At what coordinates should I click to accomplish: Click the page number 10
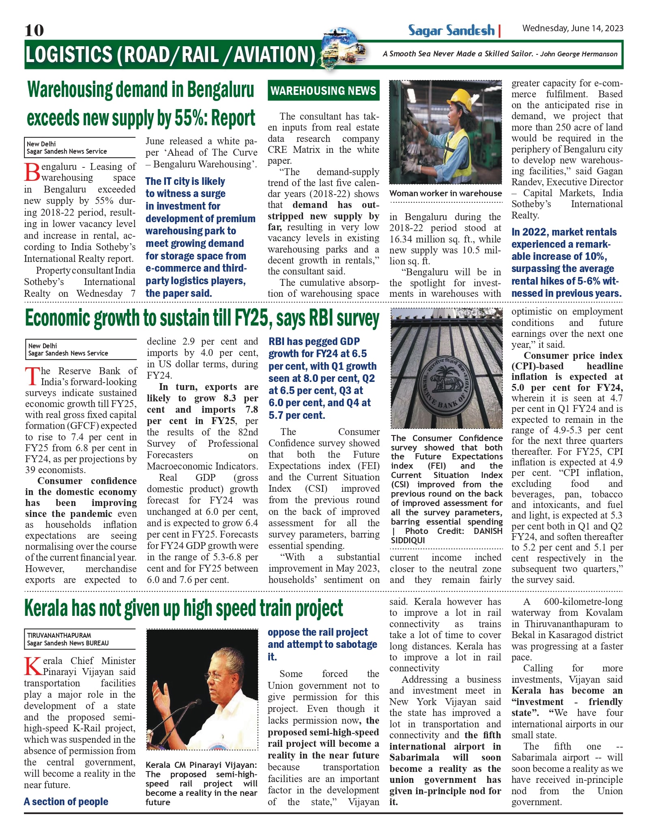34,30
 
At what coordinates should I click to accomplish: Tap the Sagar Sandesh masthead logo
451,30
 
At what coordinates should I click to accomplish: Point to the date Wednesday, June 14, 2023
572,28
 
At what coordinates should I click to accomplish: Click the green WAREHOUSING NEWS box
323,90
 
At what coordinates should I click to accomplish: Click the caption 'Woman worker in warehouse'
445,194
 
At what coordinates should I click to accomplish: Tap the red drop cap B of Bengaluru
32,172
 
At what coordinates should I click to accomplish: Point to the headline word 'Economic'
58,318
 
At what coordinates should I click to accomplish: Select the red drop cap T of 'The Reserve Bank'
32,377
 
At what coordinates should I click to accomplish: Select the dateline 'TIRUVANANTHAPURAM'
59,635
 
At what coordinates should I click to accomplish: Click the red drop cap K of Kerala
32,667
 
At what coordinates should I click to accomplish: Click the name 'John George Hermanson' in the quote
579,54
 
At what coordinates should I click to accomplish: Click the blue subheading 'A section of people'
66,802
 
